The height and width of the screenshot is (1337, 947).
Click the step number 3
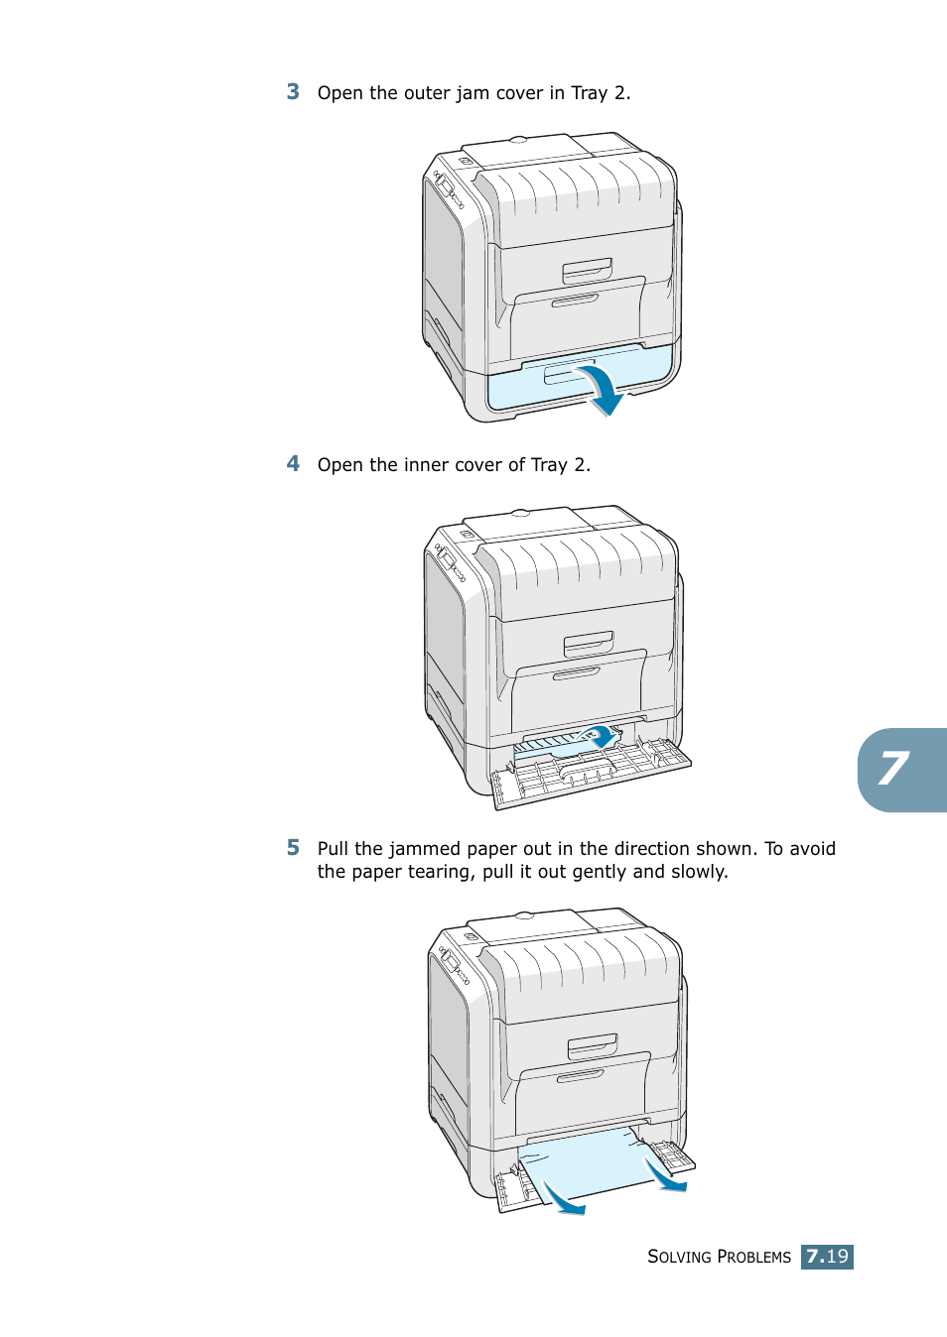tap(293, 92)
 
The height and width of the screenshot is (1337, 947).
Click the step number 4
tap(293, 464)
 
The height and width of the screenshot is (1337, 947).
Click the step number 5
tap(293, 848)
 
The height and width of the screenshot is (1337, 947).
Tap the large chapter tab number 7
tap(893, 770)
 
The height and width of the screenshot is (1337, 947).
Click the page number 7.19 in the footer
tap(827, 1257)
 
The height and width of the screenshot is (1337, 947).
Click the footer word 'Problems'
tap(753, 1257)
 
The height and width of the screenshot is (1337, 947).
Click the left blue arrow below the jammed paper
tap(563, 1199)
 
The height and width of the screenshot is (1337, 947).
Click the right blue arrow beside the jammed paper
tap(663, 1175)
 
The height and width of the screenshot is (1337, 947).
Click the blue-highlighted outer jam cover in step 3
tap(516, 389)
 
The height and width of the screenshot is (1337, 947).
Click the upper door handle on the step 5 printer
tap(593, 1046)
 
